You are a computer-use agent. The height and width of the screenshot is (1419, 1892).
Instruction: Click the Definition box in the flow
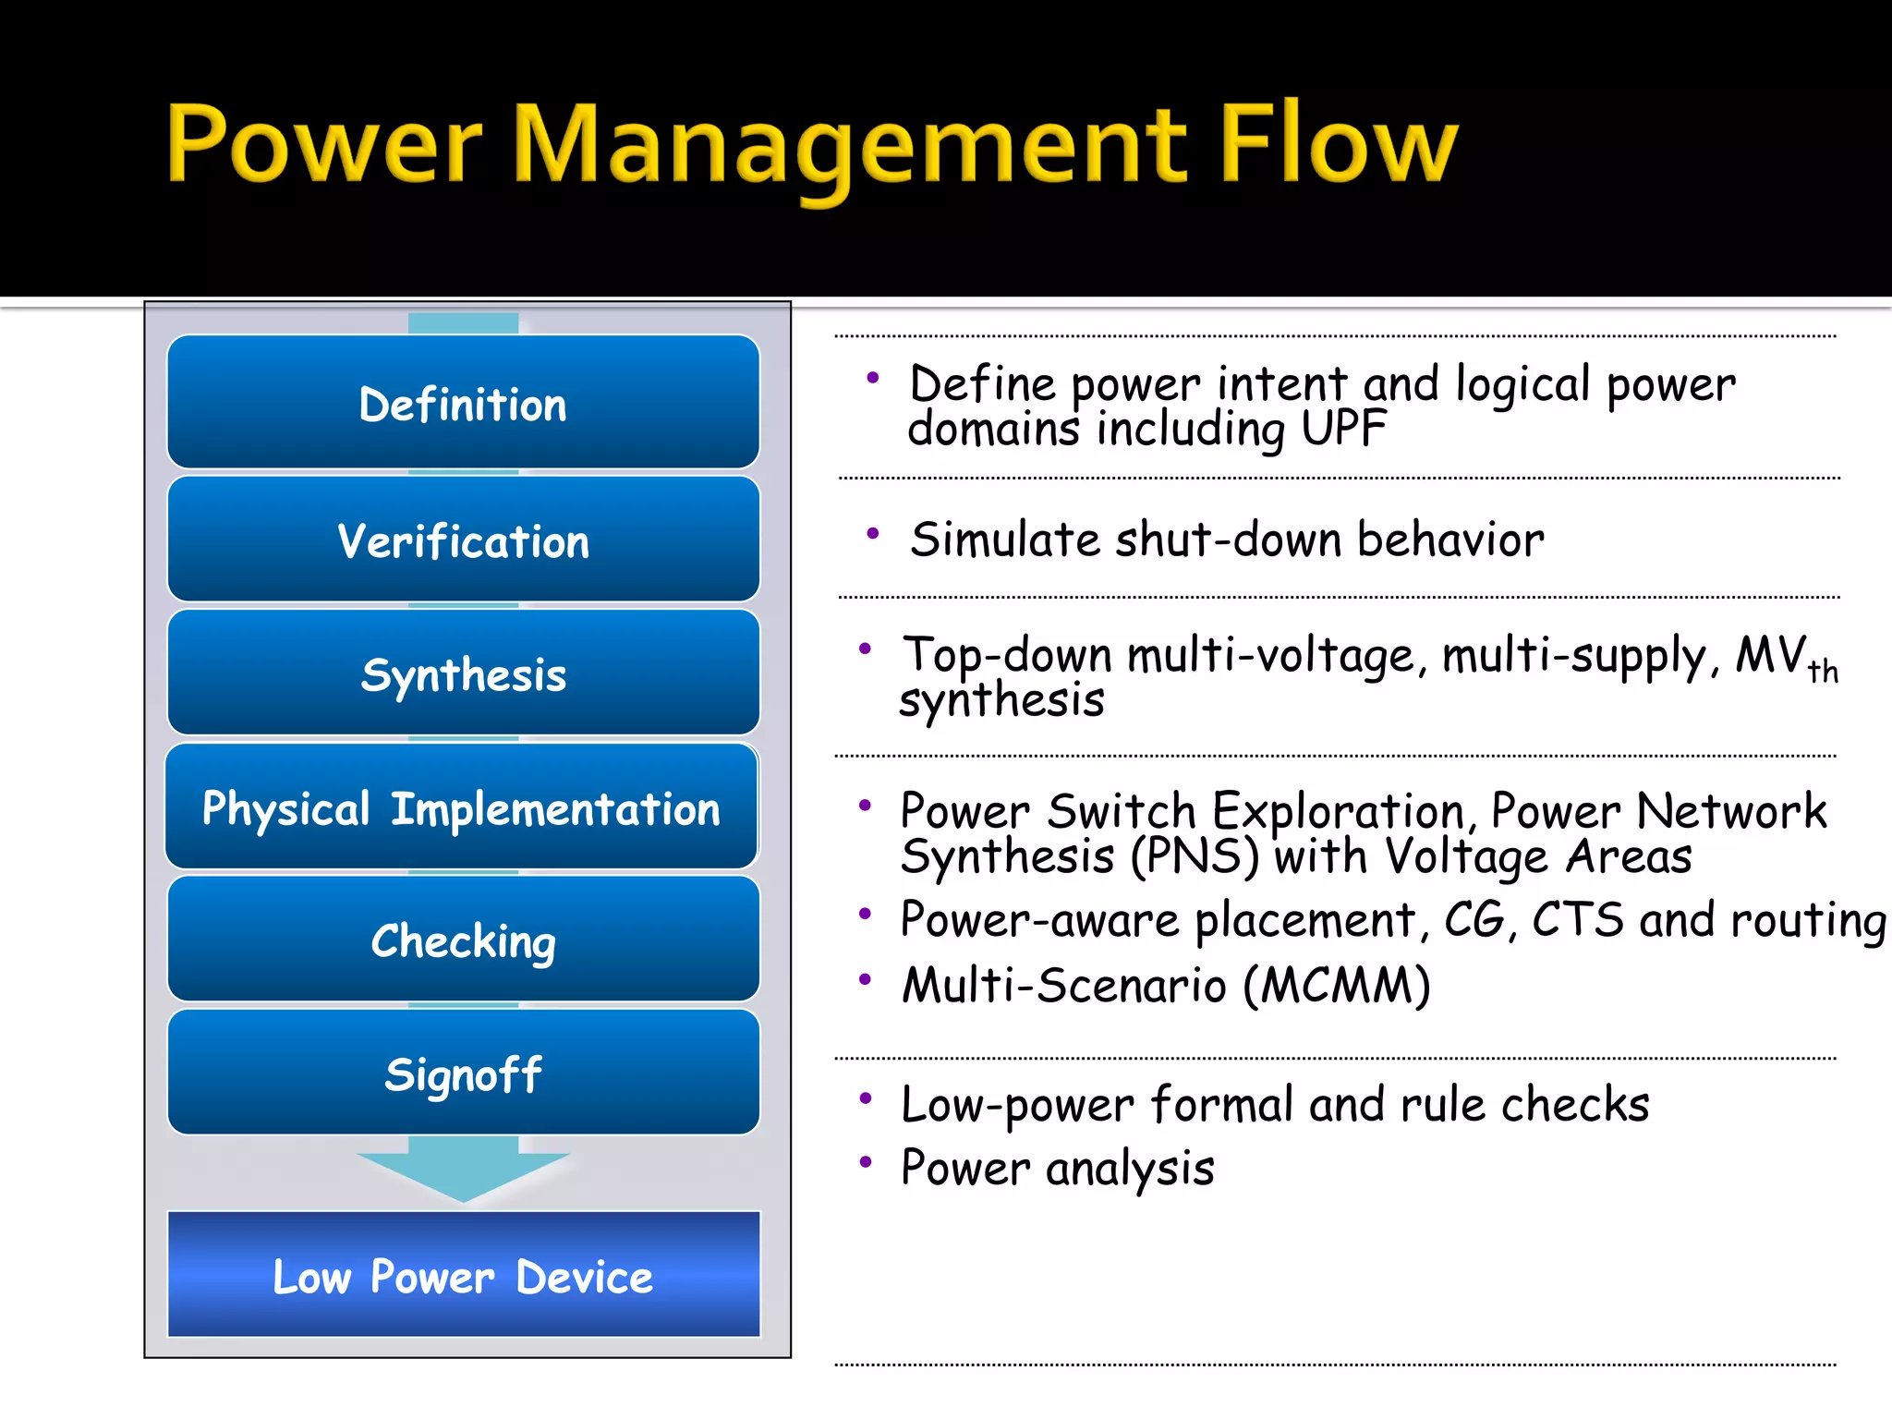[463, 403]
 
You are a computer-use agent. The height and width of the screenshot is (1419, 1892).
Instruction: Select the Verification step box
[463, 540]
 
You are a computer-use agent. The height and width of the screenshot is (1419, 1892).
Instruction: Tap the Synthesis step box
[463, 673]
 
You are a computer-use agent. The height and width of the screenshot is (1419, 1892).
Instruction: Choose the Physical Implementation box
[461, 807]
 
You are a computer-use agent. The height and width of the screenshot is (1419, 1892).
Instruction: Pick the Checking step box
[463, 940]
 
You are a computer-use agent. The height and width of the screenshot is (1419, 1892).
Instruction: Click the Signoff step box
[463, 1073]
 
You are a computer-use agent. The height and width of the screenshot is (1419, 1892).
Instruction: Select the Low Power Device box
[463, 1275]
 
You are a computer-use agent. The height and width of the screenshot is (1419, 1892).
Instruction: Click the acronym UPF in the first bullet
[1343, 429]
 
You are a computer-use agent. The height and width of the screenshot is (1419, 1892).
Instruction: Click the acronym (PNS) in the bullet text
[1195, 856]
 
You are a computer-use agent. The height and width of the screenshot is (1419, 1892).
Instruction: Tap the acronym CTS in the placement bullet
[1577, 919]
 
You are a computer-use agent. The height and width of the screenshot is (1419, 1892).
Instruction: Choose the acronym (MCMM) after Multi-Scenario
[1337, 985]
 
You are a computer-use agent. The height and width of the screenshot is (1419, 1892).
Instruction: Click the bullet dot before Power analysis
[866, 1162]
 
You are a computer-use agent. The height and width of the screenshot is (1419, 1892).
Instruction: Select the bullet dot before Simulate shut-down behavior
[872, 533]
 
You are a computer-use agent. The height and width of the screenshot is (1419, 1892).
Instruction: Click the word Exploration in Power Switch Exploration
[1339, 811]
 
